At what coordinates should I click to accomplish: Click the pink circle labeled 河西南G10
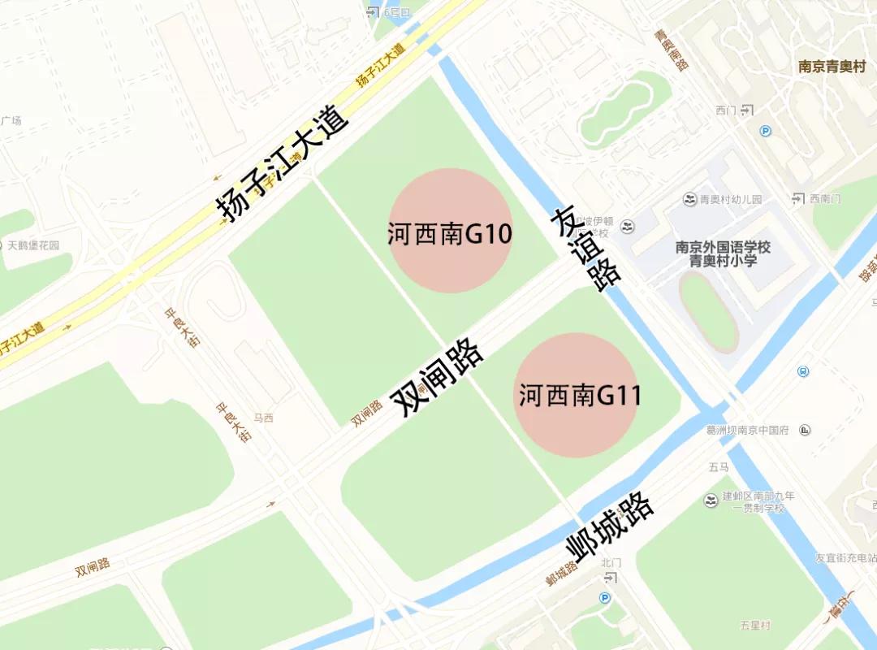[x=450, y=231]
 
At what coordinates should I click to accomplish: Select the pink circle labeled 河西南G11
[x=576, y=395]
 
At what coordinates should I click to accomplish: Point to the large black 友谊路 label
[x=584, y=249]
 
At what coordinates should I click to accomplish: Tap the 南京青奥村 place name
[x=832, y=67]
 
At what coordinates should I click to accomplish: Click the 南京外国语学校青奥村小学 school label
[x=723, y=253]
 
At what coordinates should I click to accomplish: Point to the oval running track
[x=708, y=312]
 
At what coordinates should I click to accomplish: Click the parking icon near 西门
[x=765, y=131]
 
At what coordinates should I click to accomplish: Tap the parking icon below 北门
[x=604, y=598]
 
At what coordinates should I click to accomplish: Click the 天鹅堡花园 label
[x=33, y=245]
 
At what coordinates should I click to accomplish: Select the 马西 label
[x=264, y=418]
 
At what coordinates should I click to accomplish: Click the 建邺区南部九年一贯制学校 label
[x=758, y=502]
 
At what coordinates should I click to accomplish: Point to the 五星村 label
[x=755, y=625]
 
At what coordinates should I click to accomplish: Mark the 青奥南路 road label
[x=672, y=50]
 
